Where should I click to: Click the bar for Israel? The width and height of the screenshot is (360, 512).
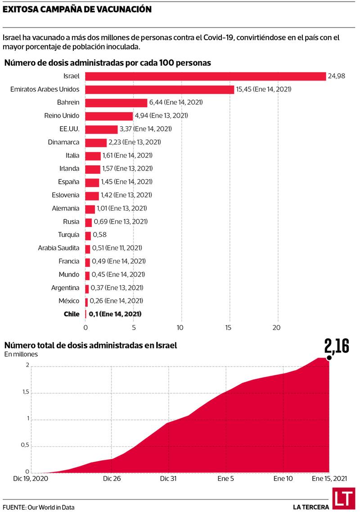(205, 77)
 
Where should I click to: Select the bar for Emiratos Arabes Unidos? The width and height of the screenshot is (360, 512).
(160, 90)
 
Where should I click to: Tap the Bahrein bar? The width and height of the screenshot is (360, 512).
(116, 103)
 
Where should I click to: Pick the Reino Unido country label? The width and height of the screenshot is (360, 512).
(62, 116)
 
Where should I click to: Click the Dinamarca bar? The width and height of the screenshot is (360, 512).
(96, 142)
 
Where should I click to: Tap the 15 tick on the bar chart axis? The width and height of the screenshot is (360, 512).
(229, 327)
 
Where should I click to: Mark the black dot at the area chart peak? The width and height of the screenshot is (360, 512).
(329, 358)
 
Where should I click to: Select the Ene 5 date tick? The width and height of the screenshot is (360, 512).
(225, 478)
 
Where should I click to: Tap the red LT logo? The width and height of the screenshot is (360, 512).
(343, 498)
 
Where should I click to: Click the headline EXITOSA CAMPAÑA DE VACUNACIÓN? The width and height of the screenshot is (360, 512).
(77, 9)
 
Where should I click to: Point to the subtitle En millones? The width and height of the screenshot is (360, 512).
(21, 354)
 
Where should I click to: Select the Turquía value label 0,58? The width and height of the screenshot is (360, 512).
(100, 235)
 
